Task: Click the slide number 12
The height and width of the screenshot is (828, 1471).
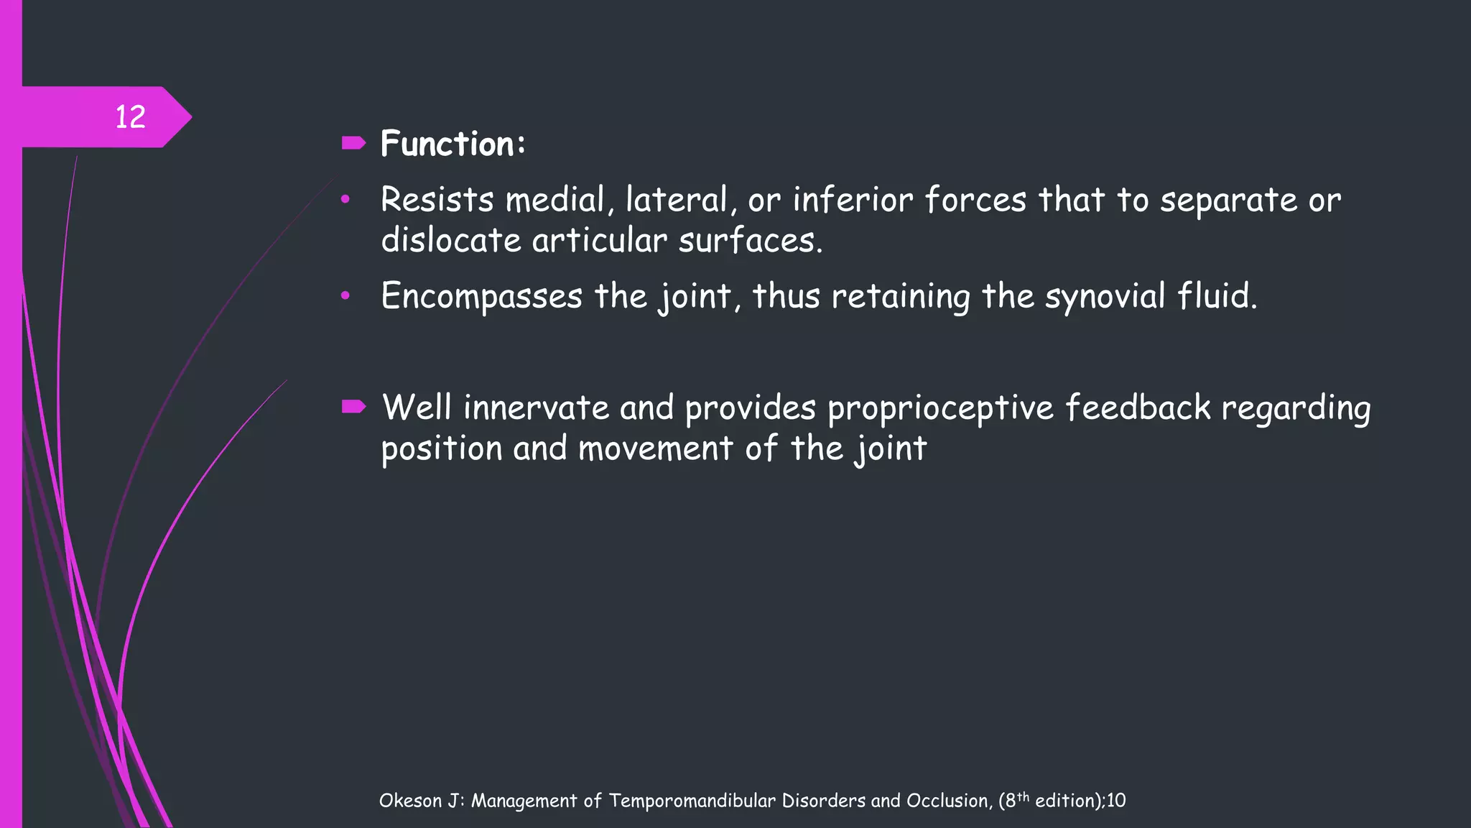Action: [x=130, y=117]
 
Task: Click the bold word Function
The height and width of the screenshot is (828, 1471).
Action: [x=447, y=144]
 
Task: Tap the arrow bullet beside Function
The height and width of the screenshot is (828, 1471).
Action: [x=353, y=143]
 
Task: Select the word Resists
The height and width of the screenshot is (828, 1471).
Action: [x=437, y=200]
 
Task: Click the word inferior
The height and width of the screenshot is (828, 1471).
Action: [x=853, y=200]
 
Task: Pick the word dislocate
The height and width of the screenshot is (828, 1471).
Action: [x=450, y=241]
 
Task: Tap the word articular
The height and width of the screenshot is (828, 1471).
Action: [x=599, y=241]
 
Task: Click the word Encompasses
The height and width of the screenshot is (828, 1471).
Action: [x=481, y=296]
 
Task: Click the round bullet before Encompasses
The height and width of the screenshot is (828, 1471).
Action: [x=345, y=295]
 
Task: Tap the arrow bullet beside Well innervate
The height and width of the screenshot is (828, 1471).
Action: [x=353, y=408]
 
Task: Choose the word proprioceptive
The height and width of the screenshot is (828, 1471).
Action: [x=940, y=408]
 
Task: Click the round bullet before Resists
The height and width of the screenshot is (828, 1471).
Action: [x=345, y=199]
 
